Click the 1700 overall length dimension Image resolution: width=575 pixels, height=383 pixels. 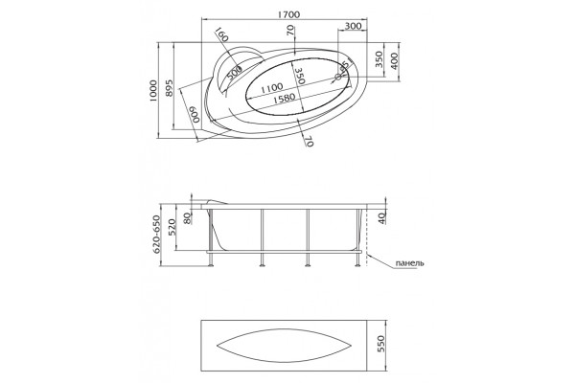[288, 14]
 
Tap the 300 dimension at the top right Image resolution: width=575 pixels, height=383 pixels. [353, 26]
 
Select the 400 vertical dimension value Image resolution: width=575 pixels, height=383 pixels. [395, 60]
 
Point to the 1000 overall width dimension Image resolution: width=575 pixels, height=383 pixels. [153, 91]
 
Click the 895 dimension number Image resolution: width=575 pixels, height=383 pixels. [169, 87]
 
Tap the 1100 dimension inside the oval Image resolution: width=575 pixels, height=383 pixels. [272, 88]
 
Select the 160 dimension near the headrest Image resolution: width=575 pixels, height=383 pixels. [222, 34]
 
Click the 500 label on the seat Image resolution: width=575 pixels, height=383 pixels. [235, 73]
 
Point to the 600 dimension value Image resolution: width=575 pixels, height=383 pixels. [195, 115]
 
